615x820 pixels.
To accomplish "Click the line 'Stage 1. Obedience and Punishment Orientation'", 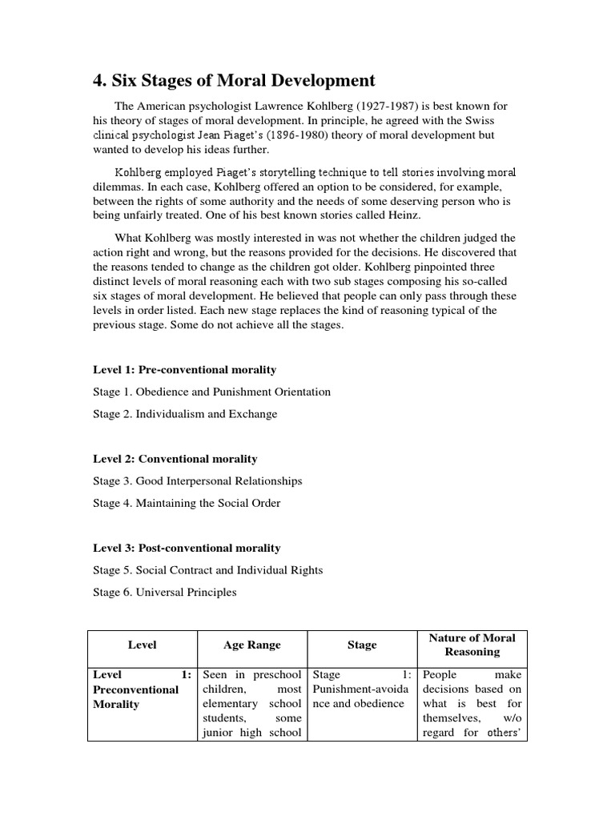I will click(211, 392).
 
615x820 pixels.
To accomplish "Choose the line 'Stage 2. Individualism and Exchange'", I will click(185, 414).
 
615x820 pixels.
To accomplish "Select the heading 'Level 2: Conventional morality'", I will click(175, 459).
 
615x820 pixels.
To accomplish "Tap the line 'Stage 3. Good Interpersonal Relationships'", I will click(197, 481).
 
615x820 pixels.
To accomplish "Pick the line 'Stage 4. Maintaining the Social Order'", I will click(187, 504).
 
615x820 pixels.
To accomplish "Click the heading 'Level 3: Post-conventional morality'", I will click(187, 549).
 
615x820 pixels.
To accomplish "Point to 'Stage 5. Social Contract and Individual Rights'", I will click(207, 570).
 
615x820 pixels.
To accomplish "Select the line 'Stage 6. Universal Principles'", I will click(165, 593).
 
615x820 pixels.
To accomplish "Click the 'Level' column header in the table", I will click(142, 645).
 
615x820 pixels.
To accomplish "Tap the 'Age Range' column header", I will click(252, 645).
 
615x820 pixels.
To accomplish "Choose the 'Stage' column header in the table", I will click(362, 645).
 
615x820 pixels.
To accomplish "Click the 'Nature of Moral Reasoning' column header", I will click(472, 645).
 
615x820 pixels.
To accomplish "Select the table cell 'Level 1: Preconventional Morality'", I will click(142, 689).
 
